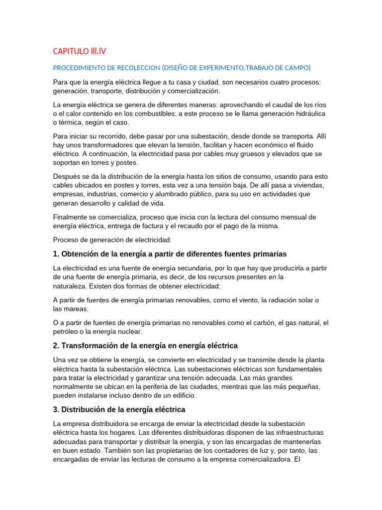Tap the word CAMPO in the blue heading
(296, 68)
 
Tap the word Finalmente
(70, 217)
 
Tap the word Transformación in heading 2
(90, 345)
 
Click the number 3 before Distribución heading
(55, 409)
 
